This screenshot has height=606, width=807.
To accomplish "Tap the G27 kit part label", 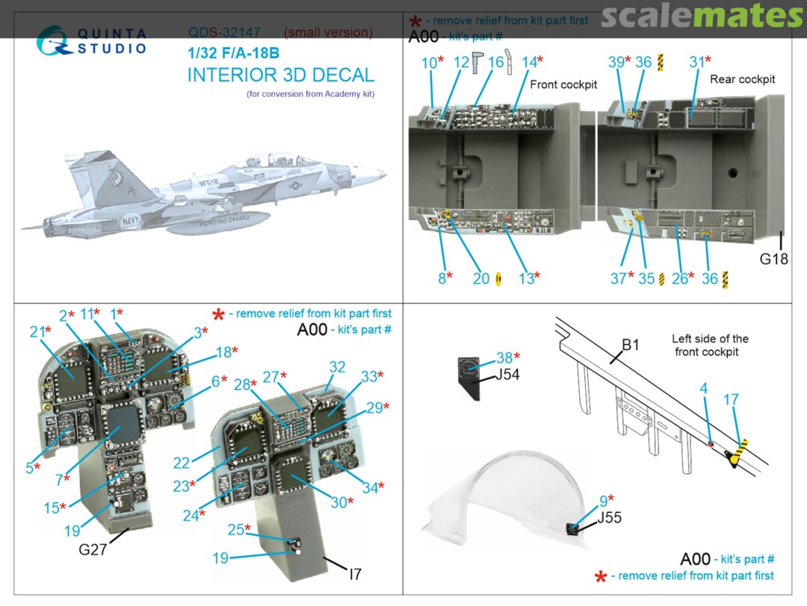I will point(94,551).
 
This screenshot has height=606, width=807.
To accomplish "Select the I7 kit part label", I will point(355,574).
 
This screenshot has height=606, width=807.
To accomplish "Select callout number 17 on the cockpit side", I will point(731,401).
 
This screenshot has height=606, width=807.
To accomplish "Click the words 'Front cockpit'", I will point(563,84).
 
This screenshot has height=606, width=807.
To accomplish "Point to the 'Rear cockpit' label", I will point(742,79).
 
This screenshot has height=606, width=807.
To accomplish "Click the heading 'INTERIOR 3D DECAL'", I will point(280,75).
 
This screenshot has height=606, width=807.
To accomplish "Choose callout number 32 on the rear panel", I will point(337,366).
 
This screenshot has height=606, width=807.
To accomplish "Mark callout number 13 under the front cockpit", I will point(527,278).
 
